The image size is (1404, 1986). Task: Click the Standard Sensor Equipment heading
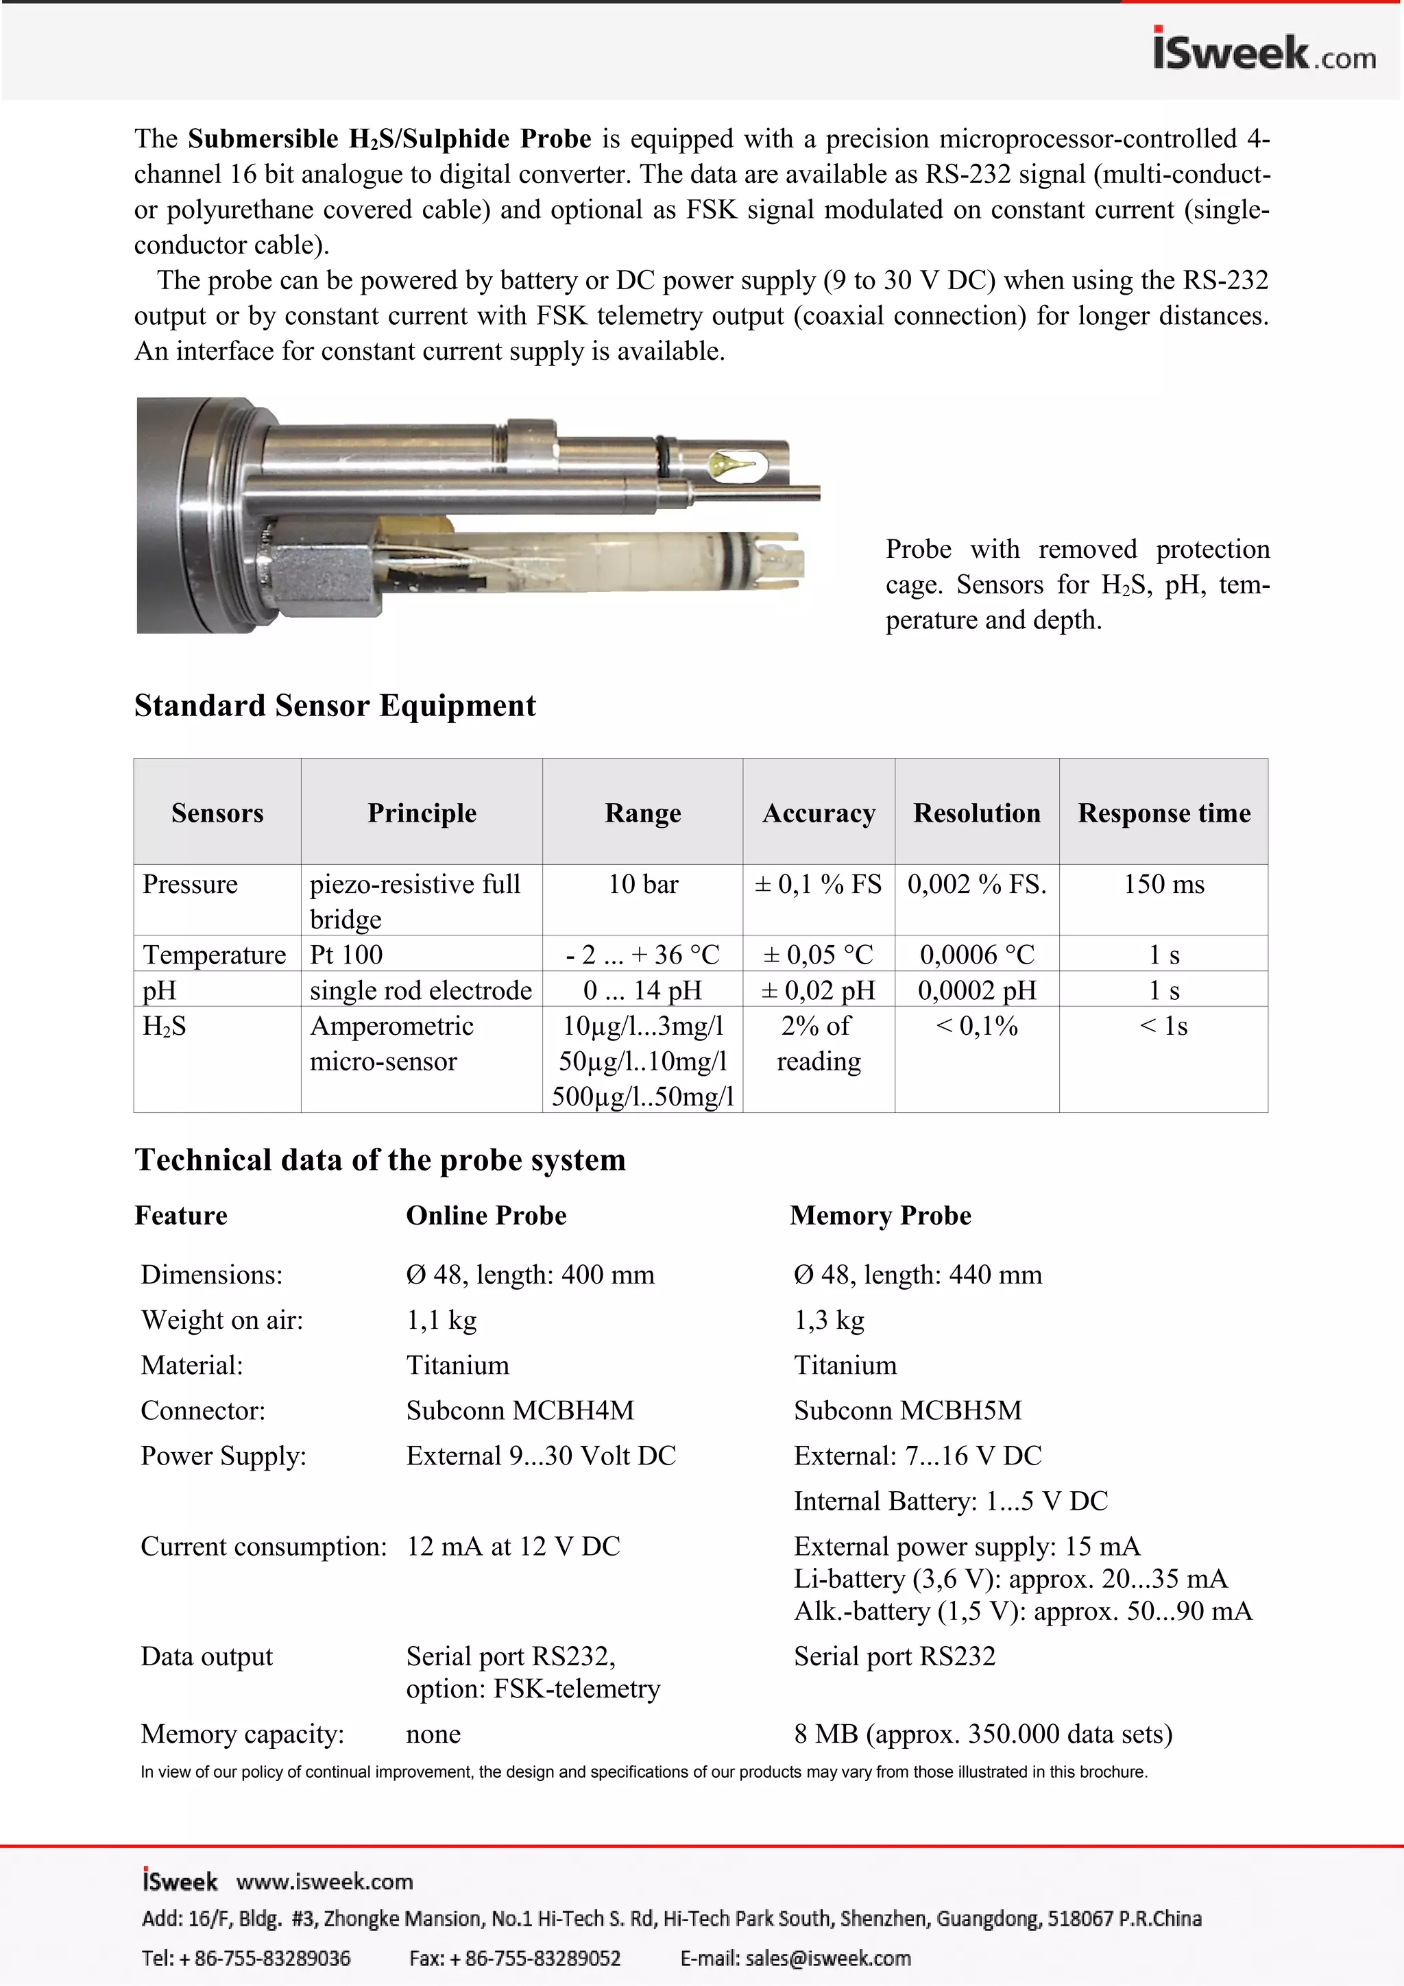(335, 706)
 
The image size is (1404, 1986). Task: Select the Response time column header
(1163, 813)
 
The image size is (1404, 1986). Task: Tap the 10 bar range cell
(643, 884)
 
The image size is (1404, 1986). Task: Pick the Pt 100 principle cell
(346, 955)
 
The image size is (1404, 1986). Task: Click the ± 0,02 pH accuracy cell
(819, 990)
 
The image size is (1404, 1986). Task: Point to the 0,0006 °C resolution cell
(977, 955)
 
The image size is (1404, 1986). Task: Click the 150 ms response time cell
(1163, 884)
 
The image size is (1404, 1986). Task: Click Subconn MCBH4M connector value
(520, 1411)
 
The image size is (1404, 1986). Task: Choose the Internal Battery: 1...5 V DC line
(951, 1501)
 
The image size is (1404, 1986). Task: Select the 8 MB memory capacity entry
(982, 1734)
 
